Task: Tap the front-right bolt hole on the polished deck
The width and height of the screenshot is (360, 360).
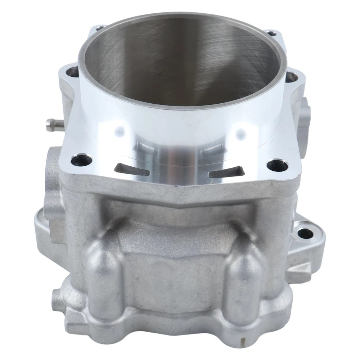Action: tap(277, 166)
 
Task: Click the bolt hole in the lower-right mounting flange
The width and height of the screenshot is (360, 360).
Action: tap(305, 234)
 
